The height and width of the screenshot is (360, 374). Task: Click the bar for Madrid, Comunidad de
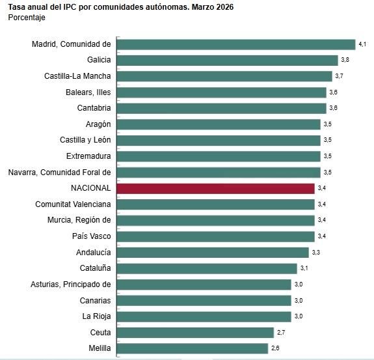coord(235,44)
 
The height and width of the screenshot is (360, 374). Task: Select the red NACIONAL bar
coord(215,188)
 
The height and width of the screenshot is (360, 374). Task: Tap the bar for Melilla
coord(192,348)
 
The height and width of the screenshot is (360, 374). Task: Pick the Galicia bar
coord(227,60)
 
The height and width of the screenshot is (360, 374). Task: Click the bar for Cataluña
coord(207,268)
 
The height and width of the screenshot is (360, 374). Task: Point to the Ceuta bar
coord(195,332)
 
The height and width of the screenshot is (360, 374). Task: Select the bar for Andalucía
coord(213,252)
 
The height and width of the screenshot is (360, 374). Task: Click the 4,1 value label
coord(362,44)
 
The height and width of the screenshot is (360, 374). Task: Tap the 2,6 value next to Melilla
coord(275,348)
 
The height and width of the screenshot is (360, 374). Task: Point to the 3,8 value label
coord(345,60)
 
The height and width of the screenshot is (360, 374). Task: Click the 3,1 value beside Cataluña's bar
coord(304,268)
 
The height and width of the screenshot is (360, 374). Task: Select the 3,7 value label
coord(339,76)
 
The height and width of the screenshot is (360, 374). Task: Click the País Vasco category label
coord(92,236)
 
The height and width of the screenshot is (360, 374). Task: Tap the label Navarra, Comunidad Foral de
coord(60,173)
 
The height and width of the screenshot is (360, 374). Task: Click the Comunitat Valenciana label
coord(73,204)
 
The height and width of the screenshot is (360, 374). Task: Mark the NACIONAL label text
coord(91,188)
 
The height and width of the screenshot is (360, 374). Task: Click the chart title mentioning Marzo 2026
coord(120,7)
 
